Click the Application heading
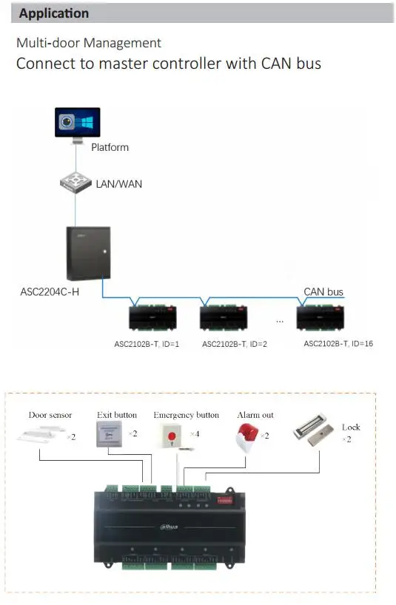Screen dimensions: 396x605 click(54, 13)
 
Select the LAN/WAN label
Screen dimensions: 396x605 click(119, 184)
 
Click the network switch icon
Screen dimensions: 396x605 click(75, 183)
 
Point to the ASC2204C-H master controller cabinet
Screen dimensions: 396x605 click(88, 253)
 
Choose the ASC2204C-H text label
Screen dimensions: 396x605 click(50, 291)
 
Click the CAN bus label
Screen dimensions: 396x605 click(323, 291)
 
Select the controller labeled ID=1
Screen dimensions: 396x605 click(152, 317)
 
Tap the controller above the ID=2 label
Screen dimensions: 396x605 click(224, 317)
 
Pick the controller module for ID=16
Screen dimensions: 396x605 click(321, 317)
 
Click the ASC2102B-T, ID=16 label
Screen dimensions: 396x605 click(338, 343)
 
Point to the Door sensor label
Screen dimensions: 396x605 click(50, 415)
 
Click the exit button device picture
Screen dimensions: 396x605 click(110, 433)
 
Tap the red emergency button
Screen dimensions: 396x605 click(172, 436)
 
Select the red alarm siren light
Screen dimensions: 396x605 click(247, 437)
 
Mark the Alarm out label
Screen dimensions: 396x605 click(255, 415)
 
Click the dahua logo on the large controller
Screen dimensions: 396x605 click(169, 527)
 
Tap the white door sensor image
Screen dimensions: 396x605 click(41, 434)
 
